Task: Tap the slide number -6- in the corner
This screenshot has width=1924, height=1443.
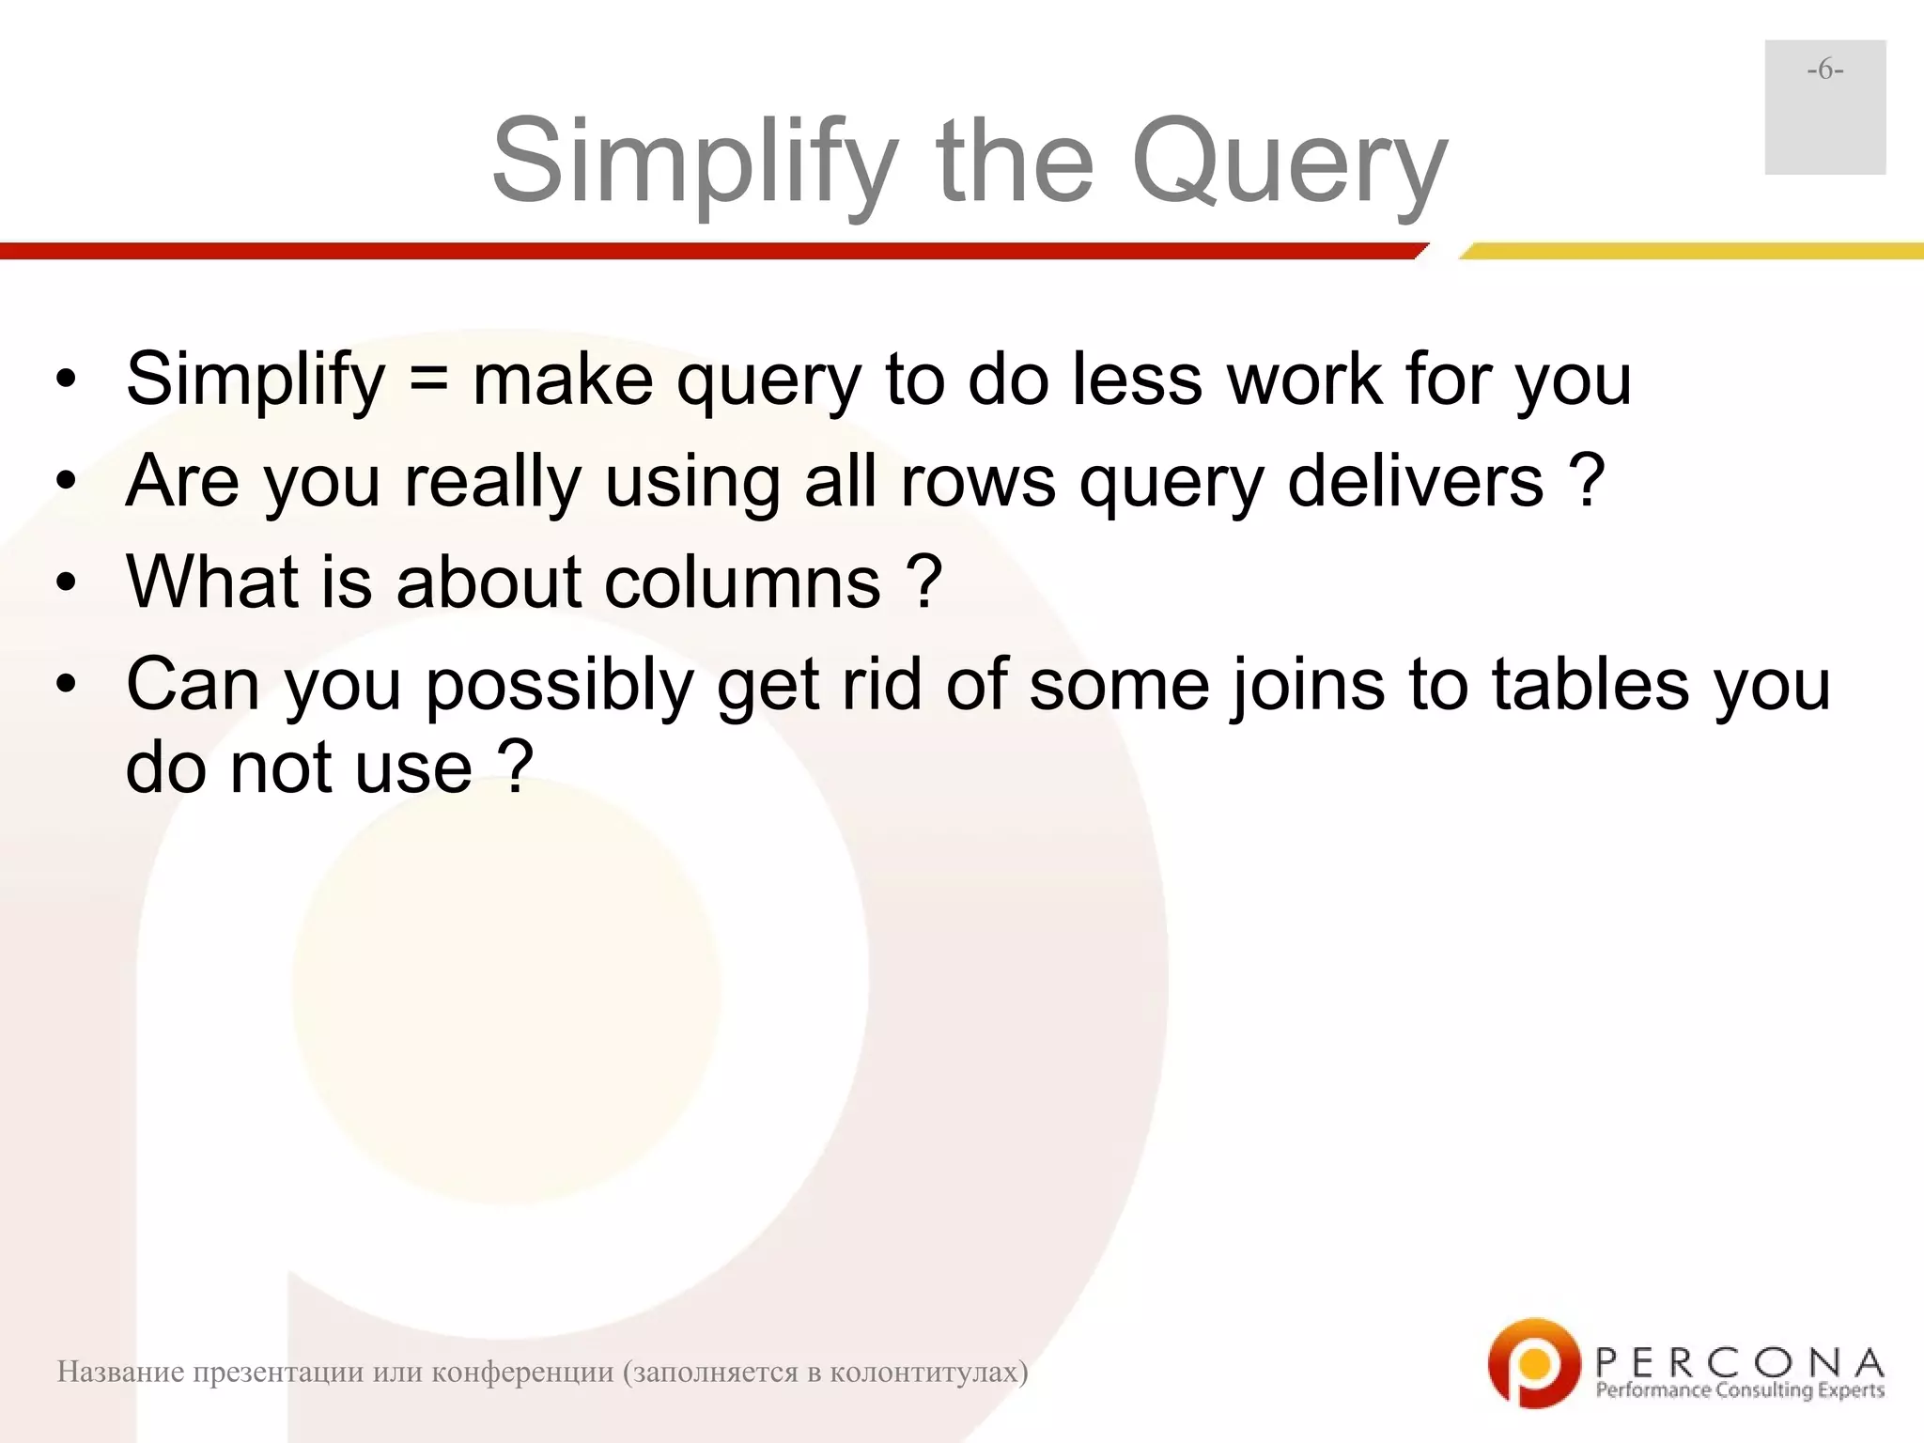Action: click(1824, 70)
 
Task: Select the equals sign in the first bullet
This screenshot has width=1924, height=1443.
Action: click(428, 380)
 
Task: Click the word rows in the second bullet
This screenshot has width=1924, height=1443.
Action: click(977, 481)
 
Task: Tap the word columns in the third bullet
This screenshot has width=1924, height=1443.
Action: click(742, 582)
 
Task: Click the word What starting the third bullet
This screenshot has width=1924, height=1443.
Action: click(212, 582)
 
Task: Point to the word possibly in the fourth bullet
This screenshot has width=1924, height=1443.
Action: click(559, 686)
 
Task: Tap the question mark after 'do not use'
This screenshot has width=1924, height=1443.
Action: click(516, 768)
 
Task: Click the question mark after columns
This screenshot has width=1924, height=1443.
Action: click(924, 582)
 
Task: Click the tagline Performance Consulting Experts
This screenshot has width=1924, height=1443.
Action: click(1740, 1390)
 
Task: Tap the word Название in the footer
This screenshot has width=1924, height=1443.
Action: click(119, 1373)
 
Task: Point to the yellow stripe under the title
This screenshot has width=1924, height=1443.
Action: click(1691, 251)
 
